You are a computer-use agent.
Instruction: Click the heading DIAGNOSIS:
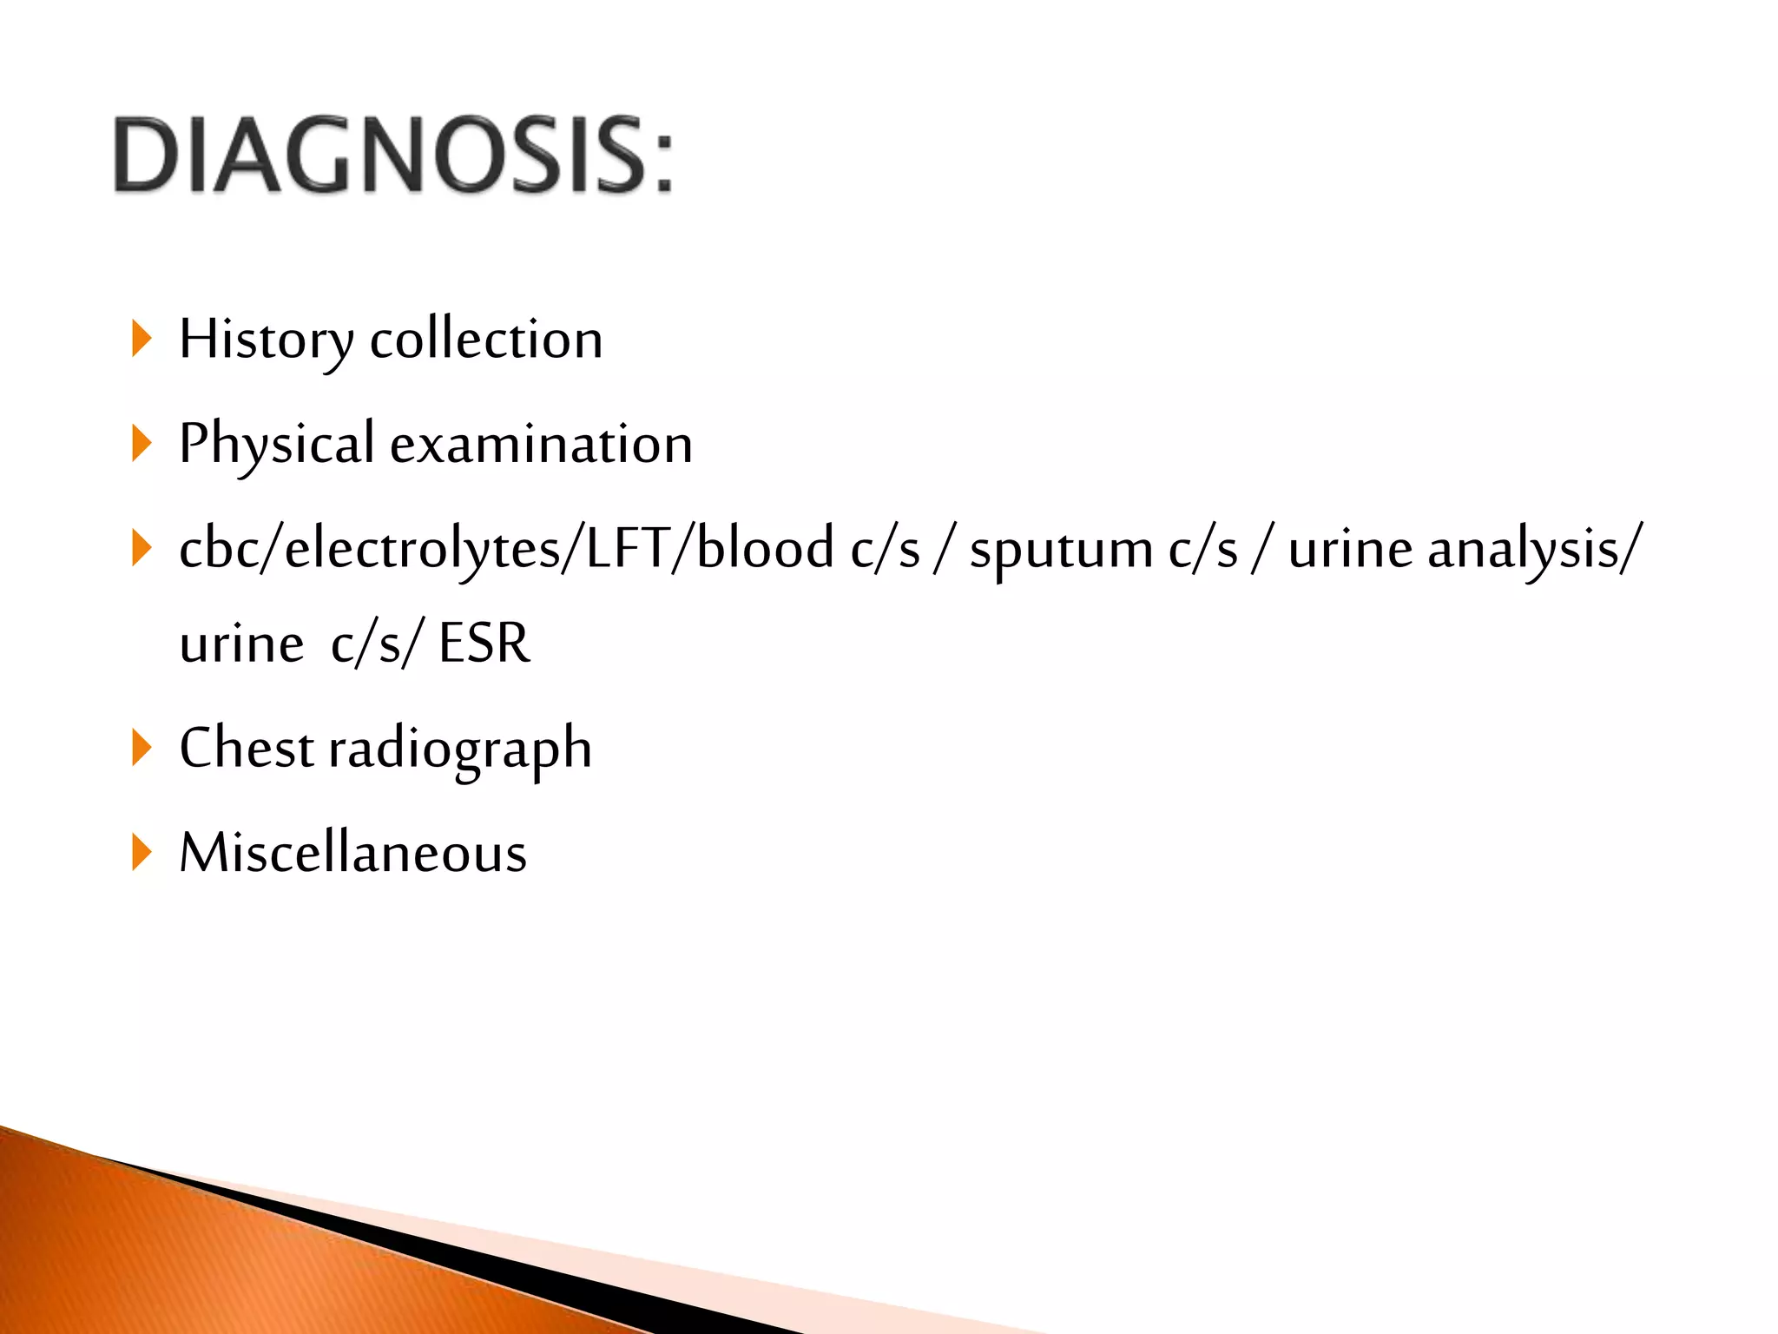tap(392, 155)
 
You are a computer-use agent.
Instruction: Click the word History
tap(266, 340)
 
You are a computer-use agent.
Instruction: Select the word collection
tap(486, 340)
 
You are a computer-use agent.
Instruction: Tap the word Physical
tap(276, 445)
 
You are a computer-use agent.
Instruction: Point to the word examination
tap(541, 445)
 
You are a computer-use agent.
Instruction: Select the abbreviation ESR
tap(484, 644)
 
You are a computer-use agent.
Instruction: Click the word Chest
tap(247, 748)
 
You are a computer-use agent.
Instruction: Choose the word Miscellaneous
tap(352, 853)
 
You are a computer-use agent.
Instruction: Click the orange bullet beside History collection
tap(141, 339)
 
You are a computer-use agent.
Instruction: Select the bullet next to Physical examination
tap(141, 444)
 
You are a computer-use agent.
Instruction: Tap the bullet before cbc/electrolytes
tap(141, 549)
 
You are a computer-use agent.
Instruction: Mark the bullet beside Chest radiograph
tap(141, 748)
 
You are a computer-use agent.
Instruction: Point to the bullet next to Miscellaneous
tap(141, 852)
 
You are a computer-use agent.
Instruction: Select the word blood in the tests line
tap(765, 549)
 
